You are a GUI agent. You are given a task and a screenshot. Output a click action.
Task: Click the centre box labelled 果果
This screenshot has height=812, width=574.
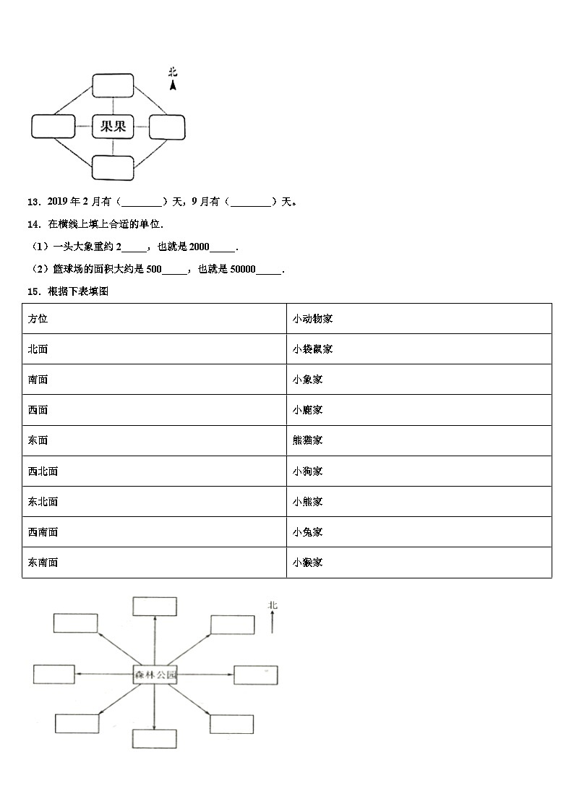coord(113,127)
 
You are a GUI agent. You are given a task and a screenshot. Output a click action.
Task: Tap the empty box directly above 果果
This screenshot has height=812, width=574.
coord(113,85)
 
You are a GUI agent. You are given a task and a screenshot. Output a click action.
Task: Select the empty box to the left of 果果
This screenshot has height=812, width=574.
coord(53,127)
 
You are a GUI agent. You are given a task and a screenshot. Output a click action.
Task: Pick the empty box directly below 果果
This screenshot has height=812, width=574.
coord(113,168)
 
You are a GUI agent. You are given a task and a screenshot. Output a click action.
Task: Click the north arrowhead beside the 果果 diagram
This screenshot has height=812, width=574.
coord(173,85)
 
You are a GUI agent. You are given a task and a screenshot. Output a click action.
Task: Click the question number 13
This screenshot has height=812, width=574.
coord(33,202)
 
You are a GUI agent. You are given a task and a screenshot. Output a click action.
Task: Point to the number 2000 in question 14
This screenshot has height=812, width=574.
coord(199,247)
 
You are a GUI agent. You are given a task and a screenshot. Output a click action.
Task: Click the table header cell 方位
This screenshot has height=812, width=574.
coord(38,319)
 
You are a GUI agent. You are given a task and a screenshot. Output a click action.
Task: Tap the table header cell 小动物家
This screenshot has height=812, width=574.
coord(312,319)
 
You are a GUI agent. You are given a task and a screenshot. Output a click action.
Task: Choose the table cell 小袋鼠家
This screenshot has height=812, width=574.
coord(312,349)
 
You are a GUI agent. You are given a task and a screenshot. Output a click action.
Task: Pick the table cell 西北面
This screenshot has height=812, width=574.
coord(43,471)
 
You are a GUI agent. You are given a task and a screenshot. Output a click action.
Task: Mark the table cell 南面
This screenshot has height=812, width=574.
coord(38,380)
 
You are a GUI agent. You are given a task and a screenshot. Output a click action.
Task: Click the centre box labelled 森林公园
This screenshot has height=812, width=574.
coord(155,675)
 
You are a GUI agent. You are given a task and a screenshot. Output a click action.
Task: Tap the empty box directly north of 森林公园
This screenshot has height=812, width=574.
coord(155,606)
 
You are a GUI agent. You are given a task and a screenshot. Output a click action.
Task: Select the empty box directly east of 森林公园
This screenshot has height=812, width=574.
coord(256,675)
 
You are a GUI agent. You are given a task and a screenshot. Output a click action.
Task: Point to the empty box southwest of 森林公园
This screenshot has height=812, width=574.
coord(77,723)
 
